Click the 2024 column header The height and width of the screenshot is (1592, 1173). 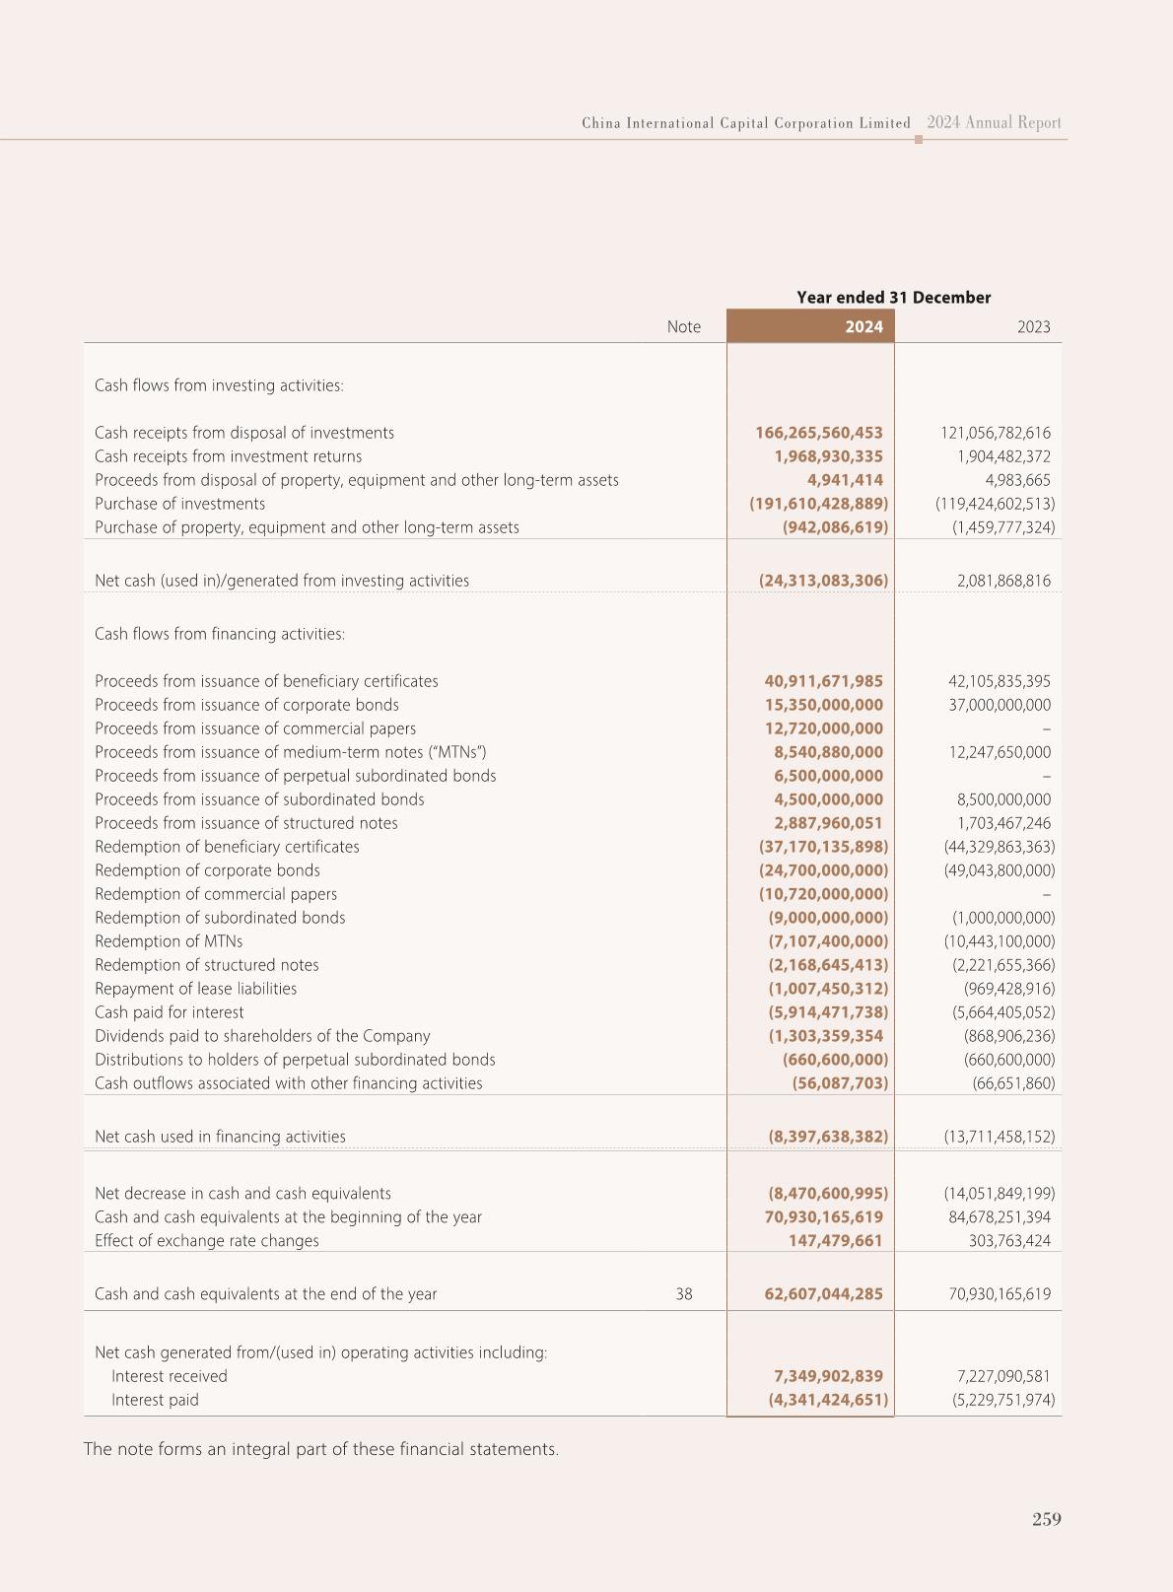click(862, 326)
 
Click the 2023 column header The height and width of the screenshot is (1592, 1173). click(1033, 326)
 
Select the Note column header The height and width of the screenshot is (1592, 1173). click(683, 326)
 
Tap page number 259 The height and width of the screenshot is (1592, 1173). click(1046, 1519)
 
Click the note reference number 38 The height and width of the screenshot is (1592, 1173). click(684, 1293)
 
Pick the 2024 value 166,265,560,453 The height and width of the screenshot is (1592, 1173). click(818, 433)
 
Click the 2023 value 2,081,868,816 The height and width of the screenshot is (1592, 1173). click(1003, 581)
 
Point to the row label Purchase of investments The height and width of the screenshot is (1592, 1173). click(179, 504)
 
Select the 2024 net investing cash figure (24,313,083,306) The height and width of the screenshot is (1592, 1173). click(822, 581)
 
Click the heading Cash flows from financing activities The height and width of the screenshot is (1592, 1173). click(220, 634)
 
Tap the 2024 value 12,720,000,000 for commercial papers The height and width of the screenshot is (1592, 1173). click(823, 728)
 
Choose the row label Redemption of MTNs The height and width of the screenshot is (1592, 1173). click(169, 941)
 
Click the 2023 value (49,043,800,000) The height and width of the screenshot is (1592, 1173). click(999, 870)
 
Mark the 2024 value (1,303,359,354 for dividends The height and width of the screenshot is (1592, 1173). click(825, 1036)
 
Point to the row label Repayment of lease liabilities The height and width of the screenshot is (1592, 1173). click(195, 989)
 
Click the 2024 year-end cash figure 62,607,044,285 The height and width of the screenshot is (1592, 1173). click(823, 1293)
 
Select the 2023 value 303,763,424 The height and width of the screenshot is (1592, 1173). click(1009, 1240)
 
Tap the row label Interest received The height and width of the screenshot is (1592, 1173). click(169, 1376)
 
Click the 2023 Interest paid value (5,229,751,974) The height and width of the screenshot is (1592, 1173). click(999, 1400)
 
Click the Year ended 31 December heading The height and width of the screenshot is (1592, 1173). click(893, 297)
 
